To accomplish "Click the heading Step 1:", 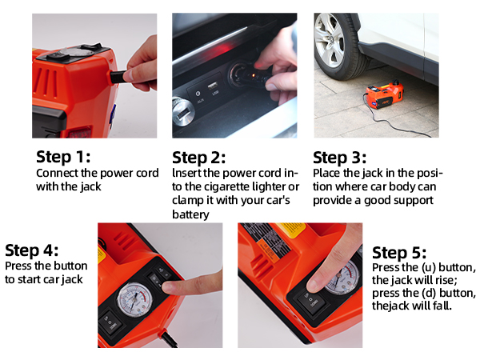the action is pos(63,157).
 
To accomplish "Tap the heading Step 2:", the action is pos(198,158).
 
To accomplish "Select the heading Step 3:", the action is pos(339,158).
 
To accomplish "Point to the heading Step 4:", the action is pos(31,250).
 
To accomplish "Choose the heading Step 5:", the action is pos(399,253).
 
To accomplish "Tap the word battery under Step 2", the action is pos(190,214).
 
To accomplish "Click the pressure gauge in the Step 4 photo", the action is pos(134,299).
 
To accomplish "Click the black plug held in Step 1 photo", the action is pos(118,77).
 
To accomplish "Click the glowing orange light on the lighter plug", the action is pos(253,75).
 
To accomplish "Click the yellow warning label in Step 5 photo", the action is pos(291,230).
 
